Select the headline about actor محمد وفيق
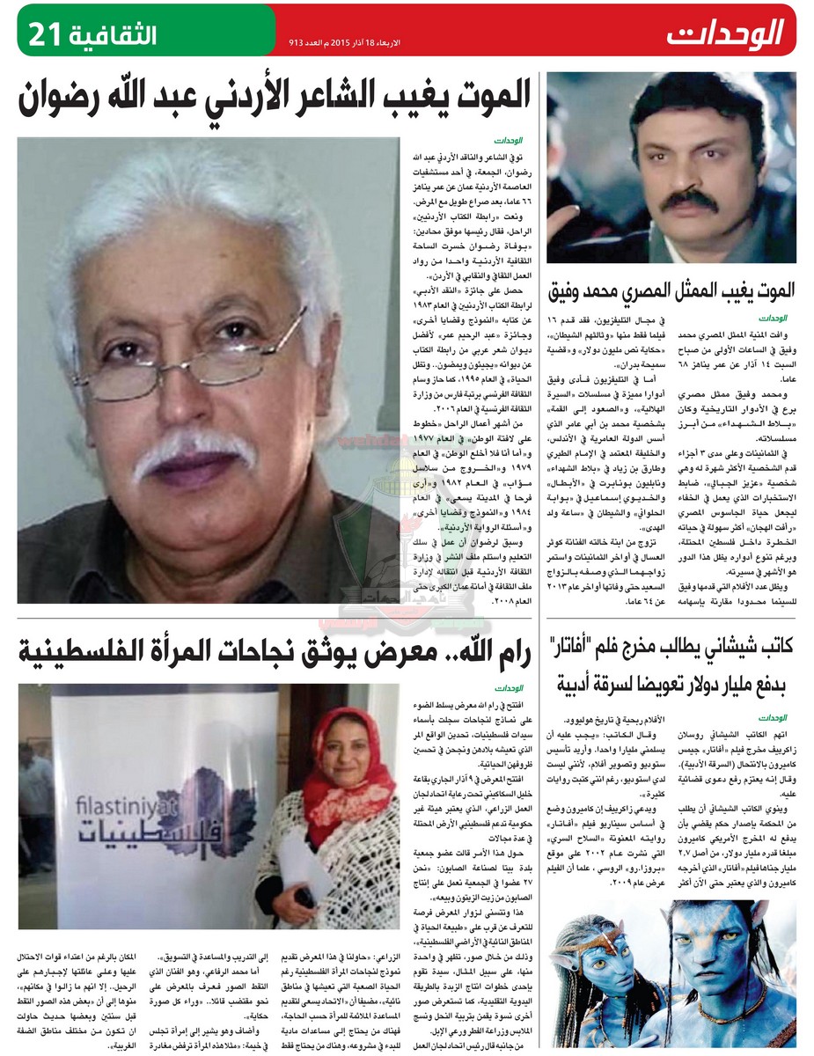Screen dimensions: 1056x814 click(x=671, y=288)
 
